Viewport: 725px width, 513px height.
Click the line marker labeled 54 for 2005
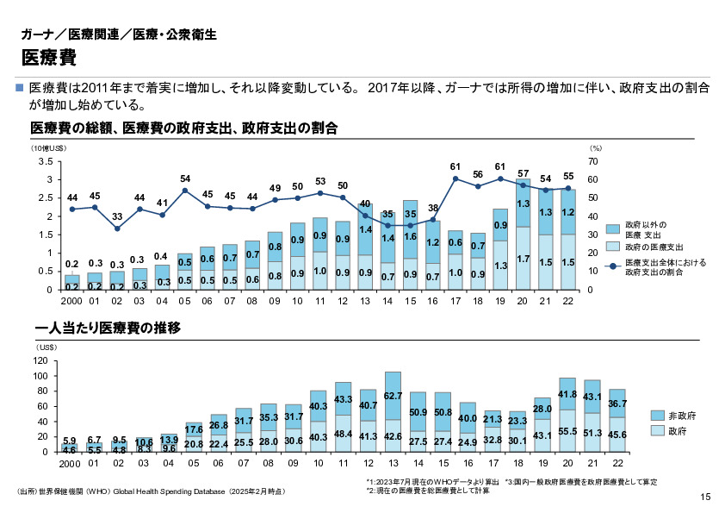click(x=184, y=191)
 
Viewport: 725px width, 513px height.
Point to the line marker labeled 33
click(x=117, y=228)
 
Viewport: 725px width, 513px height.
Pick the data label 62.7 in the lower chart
click(x=393, y=396)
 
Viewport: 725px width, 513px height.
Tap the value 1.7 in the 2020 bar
click(x=523, y=259)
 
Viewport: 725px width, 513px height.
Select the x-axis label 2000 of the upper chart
click(x=72, y=302)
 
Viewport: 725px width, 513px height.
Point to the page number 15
click(x=705, y=496)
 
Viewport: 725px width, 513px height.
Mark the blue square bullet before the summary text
click(x=21, y=88)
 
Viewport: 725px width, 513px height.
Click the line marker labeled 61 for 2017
click(x=455, y=178)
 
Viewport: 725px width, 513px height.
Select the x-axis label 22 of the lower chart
click(x=617, y=463)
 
